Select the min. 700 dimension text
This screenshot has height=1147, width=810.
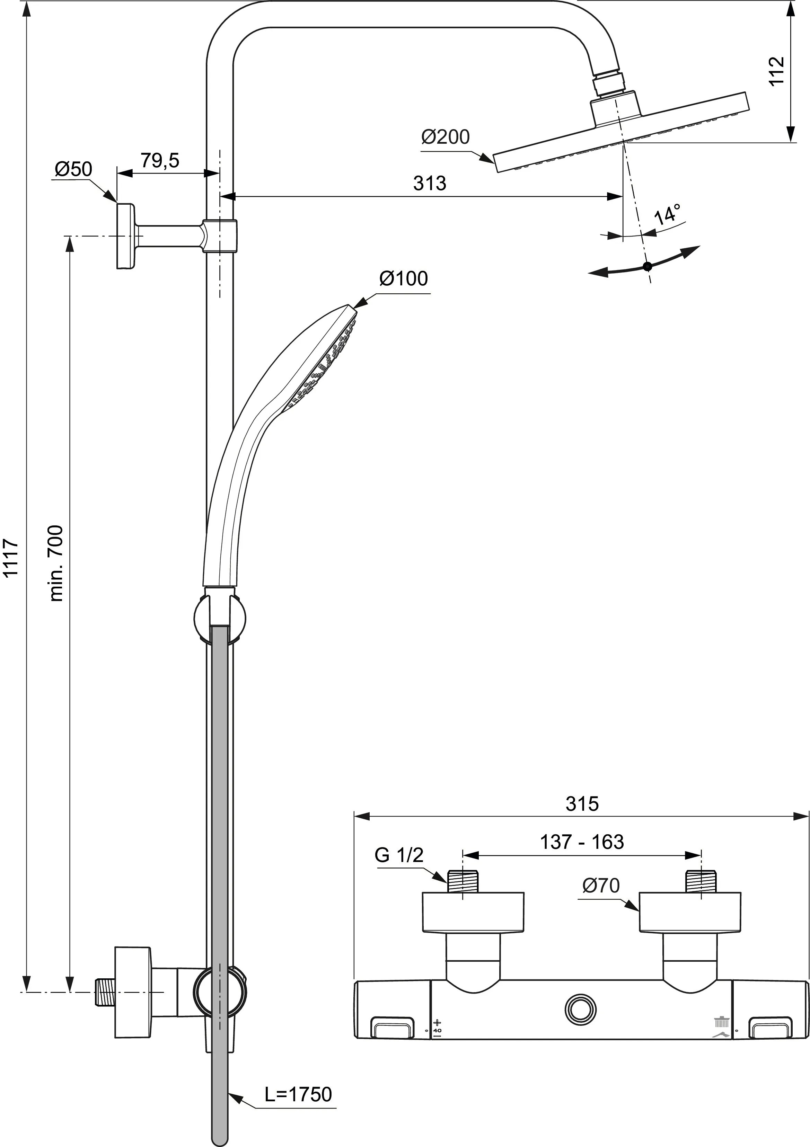click(x=56, y=563)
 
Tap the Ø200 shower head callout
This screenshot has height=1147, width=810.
click(x=445, y=137)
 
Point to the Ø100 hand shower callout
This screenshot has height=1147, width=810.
click(x=403, y=278)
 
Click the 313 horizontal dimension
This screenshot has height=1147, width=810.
click(x=429, y=183)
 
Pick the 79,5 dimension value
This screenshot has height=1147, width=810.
click(x=159, y=160)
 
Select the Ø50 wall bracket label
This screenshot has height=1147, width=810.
click(x=73, y=169)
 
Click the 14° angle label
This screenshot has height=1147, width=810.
click(x=668, y=214)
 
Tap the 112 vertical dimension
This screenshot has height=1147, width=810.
click(x=776, y=71)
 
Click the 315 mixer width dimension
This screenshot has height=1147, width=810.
click(x=582, y=804)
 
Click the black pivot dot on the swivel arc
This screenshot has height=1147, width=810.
click(x=648, y=266)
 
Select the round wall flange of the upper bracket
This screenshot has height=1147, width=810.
click(x=125, y=236)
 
